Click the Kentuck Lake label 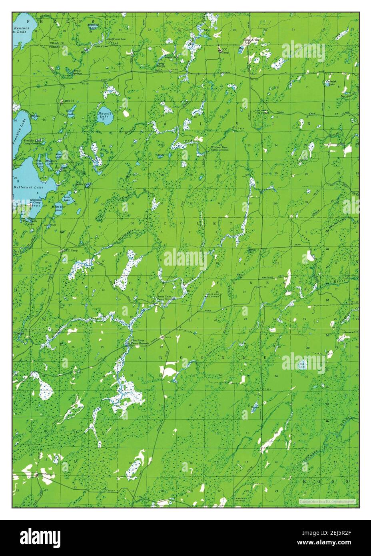19,30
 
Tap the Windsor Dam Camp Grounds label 219,148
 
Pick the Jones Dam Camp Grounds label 166,298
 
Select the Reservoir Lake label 93,26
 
